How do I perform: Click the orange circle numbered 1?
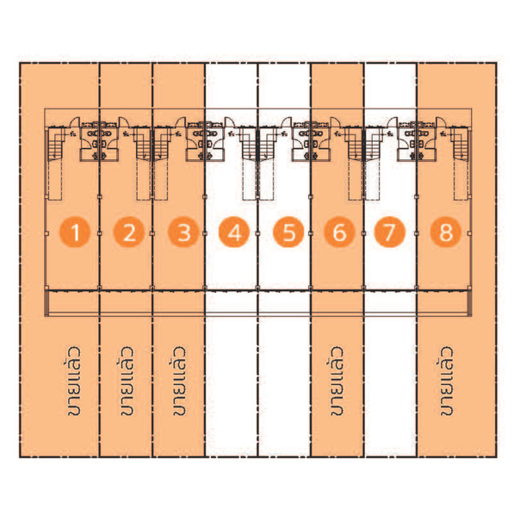pos(75,232)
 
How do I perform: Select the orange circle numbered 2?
pos(129,232)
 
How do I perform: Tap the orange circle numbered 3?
pos(183,232)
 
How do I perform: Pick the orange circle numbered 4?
pos(234,232)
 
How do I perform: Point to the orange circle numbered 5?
pos(288,232)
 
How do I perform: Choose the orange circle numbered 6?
pos(339,232)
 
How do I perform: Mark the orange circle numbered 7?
pos(390,232)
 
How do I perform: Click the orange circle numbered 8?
pos(446,232)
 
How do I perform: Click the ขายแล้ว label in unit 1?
pos(73,381)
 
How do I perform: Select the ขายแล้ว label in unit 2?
pos(127,381)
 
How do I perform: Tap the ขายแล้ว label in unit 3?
pos(179,381)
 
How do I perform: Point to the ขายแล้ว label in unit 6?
pos(337,381)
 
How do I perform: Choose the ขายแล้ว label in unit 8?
pos(446,381)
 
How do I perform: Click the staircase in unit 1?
pos(56,145)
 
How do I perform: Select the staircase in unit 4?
pos(248,145)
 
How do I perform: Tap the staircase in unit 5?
pos(267,145)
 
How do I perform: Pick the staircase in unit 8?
pos(460,145)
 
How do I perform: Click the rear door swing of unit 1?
pos(74,122)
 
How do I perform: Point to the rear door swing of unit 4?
pos(230,122)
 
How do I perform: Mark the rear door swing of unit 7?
pos(393,122)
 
